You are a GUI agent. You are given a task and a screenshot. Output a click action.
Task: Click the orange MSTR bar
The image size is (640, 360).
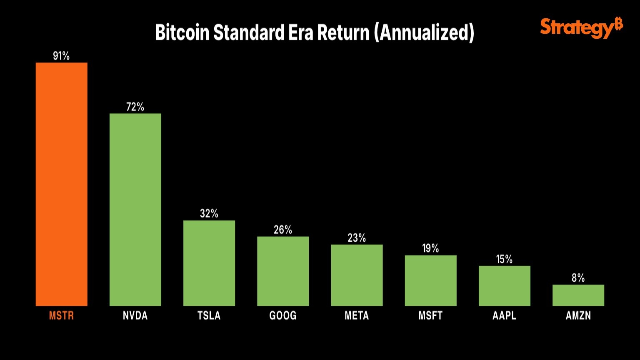61,184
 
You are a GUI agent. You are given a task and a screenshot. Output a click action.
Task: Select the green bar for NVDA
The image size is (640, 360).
135,210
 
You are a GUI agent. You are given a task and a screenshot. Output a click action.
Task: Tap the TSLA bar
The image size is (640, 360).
209,263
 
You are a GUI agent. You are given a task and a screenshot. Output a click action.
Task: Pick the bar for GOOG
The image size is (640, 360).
283,271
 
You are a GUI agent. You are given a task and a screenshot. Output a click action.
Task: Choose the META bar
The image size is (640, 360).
357,275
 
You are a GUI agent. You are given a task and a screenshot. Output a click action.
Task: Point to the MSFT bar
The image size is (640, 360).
430,280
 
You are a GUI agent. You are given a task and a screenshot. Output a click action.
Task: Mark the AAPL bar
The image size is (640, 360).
504,286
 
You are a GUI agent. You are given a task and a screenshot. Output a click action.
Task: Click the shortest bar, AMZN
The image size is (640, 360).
578,295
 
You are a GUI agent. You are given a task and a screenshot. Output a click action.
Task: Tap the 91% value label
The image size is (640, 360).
61,56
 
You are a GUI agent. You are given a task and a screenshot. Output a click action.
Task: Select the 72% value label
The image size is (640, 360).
135,107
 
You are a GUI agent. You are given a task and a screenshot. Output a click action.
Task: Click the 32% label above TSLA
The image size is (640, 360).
209,214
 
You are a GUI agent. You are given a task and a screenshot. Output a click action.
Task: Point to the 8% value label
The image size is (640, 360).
578,278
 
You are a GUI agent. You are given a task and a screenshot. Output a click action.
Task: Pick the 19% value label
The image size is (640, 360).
430,248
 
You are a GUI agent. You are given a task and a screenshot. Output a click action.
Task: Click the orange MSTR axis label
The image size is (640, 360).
61,315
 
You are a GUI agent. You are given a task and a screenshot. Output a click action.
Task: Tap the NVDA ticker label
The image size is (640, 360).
135,315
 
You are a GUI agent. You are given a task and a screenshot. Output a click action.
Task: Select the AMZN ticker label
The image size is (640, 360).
578,315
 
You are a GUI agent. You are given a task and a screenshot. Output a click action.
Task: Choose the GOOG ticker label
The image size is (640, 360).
283,315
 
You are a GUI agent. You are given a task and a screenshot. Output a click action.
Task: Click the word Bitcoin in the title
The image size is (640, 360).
182,32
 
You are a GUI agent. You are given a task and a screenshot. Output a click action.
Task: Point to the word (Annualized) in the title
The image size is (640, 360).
424,32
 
